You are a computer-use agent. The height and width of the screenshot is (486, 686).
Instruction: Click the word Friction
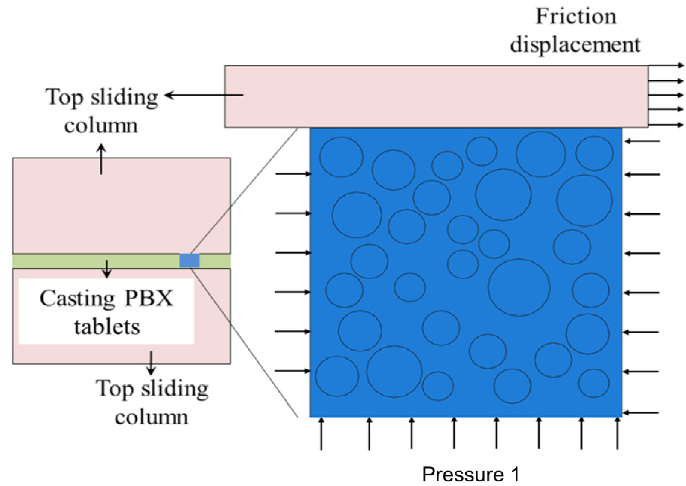(x=576, y=17)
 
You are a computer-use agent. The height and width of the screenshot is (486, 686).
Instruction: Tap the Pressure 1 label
(x=470, y=474)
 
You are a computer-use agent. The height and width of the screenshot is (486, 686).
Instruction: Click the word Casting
(x=77, y=298)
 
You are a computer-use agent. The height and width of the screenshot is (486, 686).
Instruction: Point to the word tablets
(x=107, y=327)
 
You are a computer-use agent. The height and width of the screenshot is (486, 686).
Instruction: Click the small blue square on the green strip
(x=189, y=261)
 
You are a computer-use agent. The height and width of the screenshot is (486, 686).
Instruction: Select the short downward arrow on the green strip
(x=107, y=269)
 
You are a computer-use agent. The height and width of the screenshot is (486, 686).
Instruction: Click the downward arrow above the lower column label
(x=151, y=363)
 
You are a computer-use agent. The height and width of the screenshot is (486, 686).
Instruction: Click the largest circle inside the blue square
(x=519, y=287)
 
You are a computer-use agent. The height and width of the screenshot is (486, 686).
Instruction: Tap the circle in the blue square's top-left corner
(x=341, y=157)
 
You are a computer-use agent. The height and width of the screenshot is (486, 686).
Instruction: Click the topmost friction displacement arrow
(x=666, y=65)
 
